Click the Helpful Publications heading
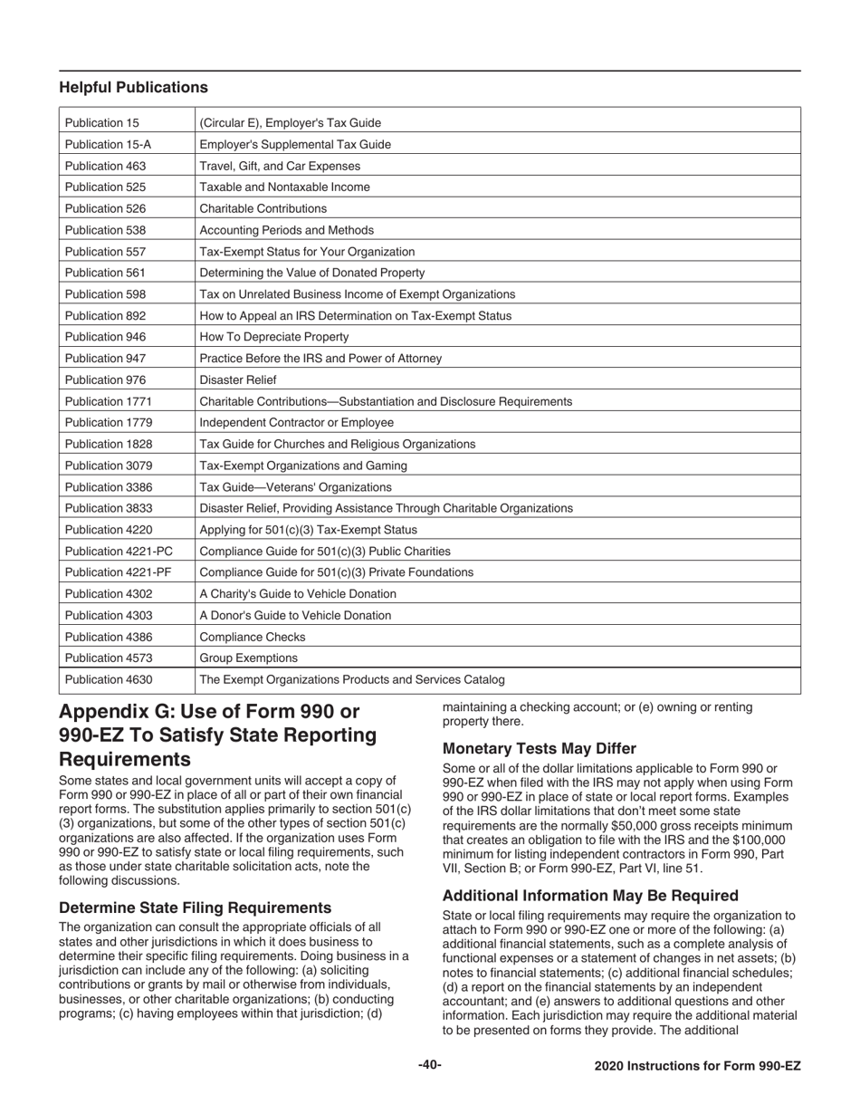click(133, 88)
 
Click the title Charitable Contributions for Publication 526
click(263, 208)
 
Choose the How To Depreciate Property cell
click(261, 337)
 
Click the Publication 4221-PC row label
click(118, 552)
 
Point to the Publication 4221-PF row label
click(118, 572)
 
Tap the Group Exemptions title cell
click(248, 658)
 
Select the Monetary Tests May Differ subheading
click(540, 749)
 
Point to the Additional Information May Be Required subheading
click(590, 896)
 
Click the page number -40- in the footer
click(430, 1065)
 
